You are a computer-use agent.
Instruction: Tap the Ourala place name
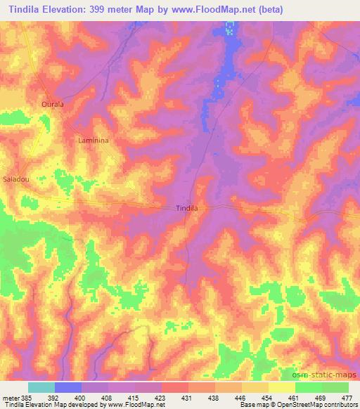click(x=53, y=105)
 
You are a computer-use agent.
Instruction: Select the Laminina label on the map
click(x=93, y=141)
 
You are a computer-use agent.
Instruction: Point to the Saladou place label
click(x=15, y=179)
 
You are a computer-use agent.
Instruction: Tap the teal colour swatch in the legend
click(x=41, y=387)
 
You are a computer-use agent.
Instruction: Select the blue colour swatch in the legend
click(x=68, y=387)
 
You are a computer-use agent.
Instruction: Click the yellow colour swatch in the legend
click(x=282, y=387)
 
